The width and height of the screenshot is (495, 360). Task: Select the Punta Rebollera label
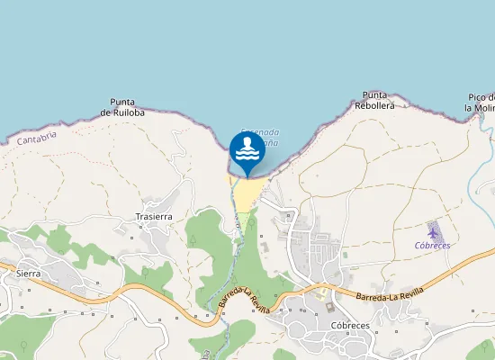click(374, 100)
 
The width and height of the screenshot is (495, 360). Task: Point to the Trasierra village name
click(153, 217)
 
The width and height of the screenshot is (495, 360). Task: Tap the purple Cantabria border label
click(37, 138)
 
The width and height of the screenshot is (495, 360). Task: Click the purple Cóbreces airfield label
click(432, 245)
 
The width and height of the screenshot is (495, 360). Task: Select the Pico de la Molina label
click(481, 102)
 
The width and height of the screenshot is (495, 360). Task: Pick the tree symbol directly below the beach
click(252, 221)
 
